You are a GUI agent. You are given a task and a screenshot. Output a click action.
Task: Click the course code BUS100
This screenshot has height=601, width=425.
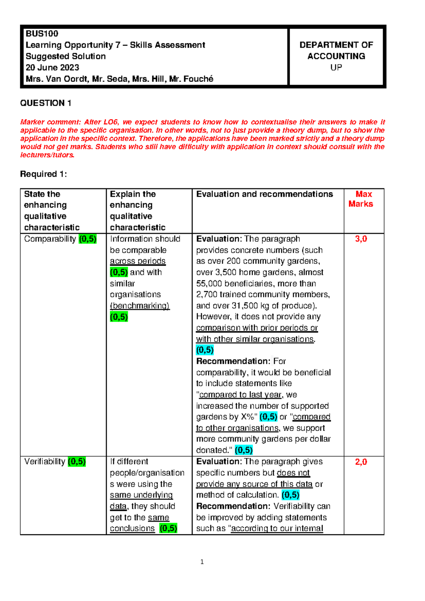[42, 34]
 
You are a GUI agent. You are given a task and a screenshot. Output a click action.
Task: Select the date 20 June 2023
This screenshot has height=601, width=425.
[52, 67]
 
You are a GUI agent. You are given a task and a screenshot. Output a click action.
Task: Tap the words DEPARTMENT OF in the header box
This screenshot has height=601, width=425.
[336, 45]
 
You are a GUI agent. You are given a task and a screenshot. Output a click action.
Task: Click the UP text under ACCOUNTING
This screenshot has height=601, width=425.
[336, 67]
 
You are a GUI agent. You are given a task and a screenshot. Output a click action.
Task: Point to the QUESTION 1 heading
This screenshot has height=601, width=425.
[46, 103]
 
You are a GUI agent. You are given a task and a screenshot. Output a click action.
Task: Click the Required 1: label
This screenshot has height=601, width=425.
[44, 174]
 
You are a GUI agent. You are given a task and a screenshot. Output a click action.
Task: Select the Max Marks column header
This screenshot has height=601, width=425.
[361, 199]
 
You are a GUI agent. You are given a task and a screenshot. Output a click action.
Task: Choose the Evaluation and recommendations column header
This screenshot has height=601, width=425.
[265, 194]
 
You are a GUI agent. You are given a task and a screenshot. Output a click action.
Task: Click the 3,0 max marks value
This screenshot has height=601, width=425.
[361, 239]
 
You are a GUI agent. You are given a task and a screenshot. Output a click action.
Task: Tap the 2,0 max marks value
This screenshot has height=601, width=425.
[361, 462]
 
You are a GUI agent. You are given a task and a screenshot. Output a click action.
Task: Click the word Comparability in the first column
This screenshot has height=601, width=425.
[50, 239]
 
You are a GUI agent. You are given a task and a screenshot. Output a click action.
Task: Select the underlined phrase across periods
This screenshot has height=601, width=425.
[138, 261]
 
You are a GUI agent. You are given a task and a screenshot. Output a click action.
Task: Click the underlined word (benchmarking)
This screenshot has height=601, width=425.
[140, 305]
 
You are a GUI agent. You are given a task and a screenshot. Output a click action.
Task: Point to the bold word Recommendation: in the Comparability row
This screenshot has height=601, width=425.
[233, 361]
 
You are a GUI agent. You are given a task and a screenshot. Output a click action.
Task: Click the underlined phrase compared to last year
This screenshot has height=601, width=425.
[240, 395]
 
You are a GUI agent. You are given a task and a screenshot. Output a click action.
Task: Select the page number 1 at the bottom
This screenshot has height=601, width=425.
[202, 562]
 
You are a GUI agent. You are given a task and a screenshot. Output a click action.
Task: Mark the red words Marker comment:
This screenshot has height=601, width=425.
[51, 122]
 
